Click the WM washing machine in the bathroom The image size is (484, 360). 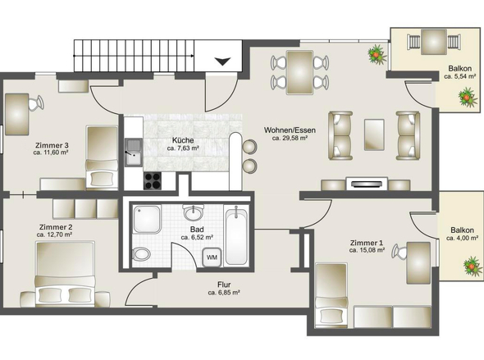pyautogui.click(x=212, y=257)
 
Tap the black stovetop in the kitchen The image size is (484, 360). pyautogui.click(x=153, y=180)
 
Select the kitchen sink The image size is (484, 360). pyautogui.click(x=134, y=153)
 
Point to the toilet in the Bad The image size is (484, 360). pyautogui.click(x=142, y=254)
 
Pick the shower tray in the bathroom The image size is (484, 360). pyautogui.click(x=147, y=219)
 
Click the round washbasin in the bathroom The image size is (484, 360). pyautogui.click(x=194, y=212)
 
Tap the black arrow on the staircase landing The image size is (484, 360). pyautogui.click(x=222, y=62)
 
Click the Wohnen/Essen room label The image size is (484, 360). pyautogui.click(x=290, y=130)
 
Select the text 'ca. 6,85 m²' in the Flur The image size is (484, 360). pyautogui.click(x=224, y=293)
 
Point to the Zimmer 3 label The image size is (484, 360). pyautogui.click(x=52, y=145)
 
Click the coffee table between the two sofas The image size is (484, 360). pyautogui.click(x=374, y=134)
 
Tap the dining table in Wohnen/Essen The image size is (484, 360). pyautogui.click(x=299, y=72)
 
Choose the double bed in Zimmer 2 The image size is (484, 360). pyautogui.click(x=65, y=274)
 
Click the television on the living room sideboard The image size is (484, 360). pyautogui.click(x=367, y=184)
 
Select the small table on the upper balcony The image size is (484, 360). pyautogui.click(x=434, y=42)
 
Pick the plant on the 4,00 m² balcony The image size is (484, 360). pyautogui.click(x=473, y=266)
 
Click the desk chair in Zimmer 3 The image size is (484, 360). pyautogui.click(x=36, y=103)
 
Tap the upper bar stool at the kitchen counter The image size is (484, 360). pyautogui.click(x=249, y=147)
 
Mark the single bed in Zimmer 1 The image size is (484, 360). pyautogui.click(x=331, y=295)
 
